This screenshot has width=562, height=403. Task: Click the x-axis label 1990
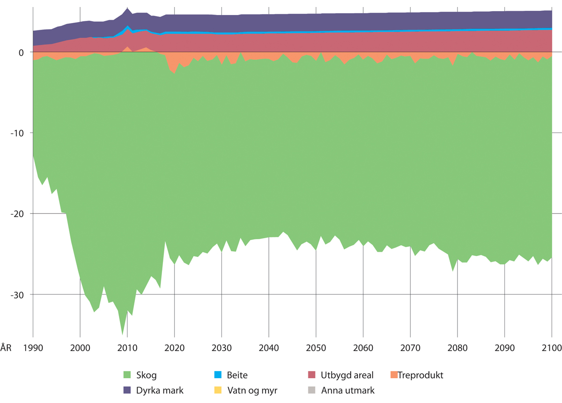(33, 348)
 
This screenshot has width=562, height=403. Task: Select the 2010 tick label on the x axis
(127, 348)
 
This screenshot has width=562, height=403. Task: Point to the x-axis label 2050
(316, 348)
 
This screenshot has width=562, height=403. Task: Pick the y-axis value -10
(18, 133)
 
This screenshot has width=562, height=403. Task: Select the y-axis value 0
(22, 52)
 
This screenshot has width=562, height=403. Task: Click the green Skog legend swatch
(126, 375)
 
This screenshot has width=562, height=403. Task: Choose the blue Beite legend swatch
(218, 375)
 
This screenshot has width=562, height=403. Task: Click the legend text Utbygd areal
(347, 375)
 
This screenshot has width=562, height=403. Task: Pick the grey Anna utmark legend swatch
(312, 389)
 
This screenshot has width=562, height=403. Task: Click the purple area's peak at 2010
(127, 8)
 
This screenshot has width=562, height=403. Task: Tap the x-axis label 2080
(458, 348)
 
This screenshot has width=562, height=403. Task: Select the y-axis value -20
(18, 214)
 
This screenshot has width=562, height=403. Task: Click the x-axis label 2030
(222, 348)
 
